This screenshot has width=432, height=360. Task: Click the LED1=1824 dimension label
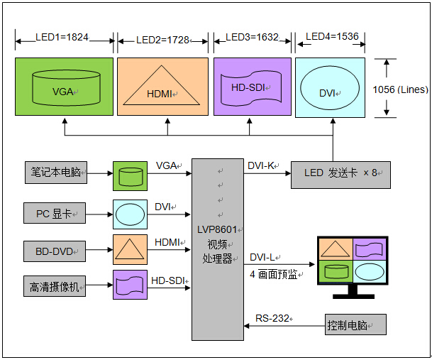62,37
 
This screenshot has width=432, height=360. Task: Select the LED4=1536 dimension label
331,36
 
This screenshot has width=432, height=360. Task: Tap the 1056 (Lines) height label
399,89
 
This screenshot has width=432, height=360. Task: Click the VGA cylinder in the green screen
65,87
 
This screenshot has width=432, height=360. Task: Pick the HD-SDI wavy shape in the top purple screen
252,87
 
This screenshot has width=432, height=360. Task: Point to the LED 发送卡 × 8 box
340,174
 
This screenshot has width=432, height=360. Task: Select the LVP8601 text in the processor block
217,229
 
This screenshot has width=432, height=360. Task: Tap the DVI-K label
262,166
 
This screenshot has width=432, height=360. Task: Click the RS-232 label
272,318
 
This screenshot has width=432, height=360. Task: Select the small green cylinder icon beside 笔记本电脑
131,175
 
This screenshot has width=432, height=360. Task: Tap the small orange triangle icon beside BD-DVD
131,249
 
